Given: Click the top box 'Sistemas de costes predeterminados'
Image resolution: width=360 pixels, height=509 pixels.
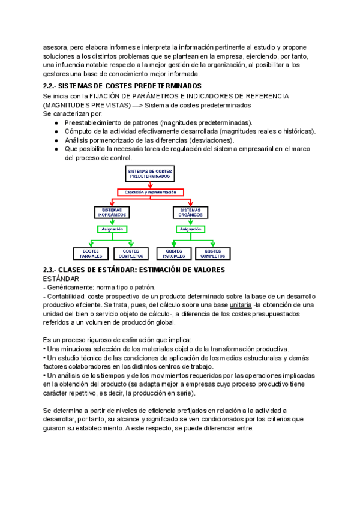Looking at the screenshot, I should tap(149, 175).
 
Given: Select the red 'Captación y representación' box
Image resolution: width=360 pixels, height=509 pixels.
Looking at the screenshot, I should tap(150, 192).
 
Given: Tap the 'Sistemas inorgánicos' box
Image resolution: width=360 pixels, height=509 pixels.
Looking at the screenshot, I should tap(112, 212).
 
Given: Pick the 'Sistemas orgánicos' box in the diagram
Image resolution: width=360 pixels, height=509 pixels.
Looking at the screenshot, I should tap(191, 212).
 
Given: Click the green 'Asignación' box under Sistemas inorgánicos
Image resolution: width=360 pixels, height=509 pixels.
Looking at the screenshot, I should tap(112, 229).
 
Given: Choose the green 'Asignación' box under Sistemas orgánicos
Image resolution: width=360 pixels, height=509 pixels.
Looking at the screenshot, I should tap(191, 229).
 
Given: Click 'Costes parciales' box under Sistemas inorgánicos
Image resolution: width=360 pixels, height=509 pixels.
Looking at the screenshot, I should tap(91, 253).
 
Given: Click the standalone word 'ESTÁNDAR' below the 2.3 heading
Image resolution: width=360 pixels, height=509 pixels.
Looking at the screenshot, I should tap(61, 279).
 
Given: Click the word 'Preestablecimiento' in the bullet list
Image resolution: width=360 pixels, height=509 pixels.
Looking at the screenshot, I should tap(95, 122).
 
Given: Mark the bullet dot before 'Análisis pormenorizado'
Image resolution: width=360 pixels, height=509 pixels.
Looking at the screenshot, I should tap(56, 140).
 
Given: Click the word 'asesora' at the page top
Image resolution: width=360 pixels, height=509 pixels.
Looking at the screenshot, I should tap(55, 46).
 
